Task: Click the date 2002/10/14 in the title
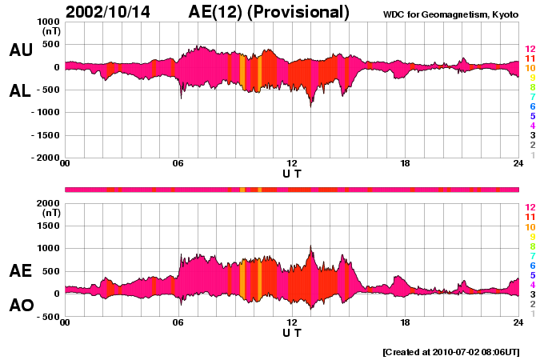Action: tap(110, 12)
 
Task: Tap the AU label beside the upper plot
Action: tap(21, 50)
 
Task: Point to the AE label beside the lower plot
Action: tap(21, 271)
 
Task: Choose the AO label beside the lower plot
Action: tap(21, 306)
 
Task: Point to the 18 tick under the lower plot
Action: tap(406, 322)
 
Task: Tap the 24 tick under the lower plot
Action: tap(518, 322)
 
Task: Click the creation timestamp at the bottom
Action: tap(450, 351)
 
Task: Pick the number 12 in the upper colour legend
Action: tap(530, 49)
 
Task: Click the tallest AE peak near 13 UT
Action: tap(310, 246)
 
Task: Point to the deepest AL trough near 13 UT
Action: tap(310, 106)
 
